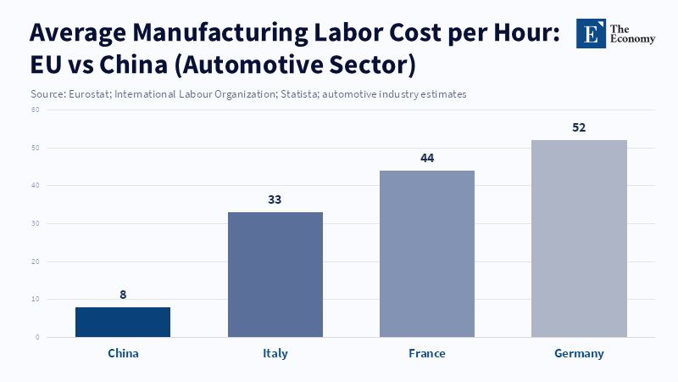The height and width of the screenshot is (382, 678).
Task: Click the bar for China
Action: [x=123, y=323]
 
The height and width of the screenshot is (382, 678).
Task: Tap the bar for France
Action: [x=427, y=254]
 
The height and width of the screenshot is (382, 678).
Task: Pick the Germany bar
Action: [x=579, y=239]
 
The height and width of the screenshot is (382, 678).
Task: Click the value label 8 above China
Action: [x=123, y=295]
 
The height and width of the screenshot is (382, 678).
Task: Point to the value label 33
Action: [x=275, y=199]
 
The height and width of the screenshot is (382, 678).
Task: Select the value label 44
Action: [x=427, y=158]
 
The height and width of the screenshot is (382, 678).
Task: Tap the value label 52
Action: [x=579, y=127]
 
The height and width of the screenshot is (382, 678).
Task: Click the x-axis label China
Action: [x=123, y=353]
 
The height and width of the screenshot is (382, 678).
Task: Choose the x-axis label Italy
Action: [x=275, y=353]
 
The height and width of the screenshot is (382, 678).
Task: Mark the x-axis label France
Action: [x=427, y=353]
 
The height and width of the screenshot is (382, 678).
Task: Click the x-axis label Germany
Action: [x=579, y=353]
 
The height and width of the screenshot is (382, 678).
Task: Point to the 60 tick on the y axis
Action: [x=36, y=110]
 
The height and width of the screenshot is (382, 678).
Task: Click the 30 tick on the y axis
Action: [x=36, y=223]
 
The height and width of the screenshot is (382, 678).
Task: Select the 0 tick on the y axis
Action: [x=37, y=337]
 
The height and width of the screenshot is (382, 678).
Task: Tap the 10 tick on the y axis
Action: [x=36, y=299]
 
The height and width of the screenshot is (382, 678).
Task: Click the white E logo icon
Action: [x=591, y=33]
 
